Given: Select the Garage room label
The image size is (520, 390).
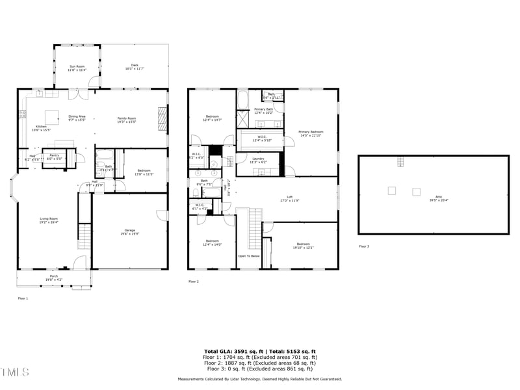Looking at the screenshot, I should click(130, 231).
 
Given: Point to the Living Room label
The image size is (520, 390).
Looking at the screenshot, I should click(49, 220).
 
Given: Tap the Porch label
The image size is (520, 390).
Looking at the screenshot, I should click(54, 278).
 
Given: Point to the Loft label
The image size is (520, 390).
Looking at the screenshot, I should click(290, 199).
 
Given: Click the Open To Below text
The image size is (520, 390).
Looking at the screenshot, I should click(249, 256).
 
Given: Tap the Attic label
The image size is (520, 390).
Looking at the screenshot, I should click(434, 200).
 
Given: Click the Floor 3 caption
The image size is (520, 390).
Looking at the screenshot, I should click(364, 246).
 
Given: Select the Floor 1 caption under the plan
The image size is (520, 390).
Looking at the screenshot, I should click(23, 298).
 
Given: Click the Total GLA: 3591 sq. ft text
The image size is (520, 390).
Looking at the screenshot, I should click(230, 351).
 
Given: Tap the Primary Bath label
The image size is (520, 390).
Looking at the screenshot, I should click(263, 110).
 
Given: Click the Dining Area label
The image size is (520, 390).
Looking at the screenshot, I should click(77, 119).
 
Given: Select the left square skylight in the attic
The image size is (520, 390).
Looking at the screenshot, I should click(392, 190).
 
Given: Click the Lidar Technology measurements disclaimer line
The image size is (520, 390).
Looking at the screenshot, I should click(259, 379).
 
